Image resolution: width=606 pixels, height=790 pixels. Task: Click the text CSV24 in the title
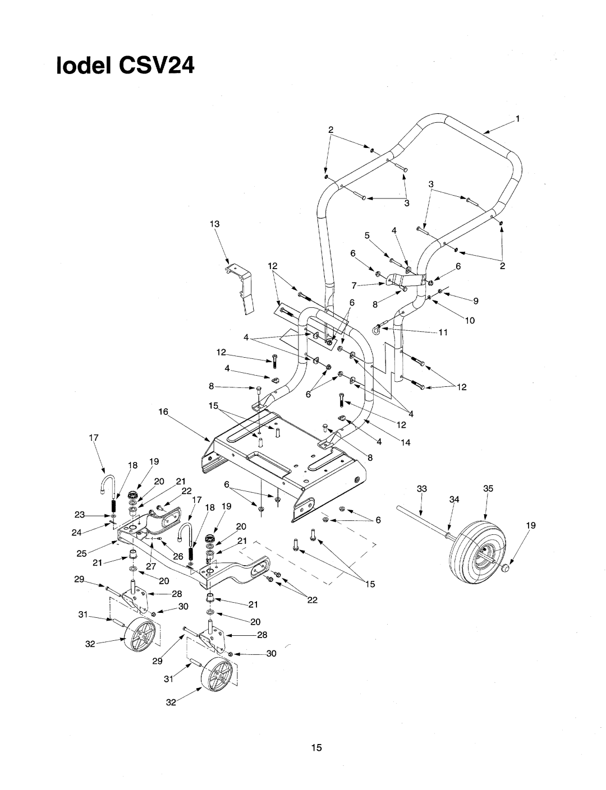(x=157, y=66)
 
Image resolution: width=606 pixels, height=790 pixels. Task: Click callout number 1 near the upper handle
(x=517, y=118)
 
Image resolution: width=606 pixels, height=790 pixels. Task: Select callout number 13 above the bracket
(x=215, y=224)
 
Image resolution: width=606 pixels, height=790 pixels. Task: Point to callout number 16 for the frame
(x=164, y=412)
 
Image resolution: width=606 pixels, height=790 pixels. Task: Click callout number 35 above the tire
(x=488, y=488)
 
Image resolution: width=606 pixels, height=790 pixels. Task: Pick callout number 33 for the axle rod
(x=421, y=488)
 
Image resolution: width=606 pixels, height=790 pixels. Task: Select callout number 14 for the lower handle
(x=406, y=442)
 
